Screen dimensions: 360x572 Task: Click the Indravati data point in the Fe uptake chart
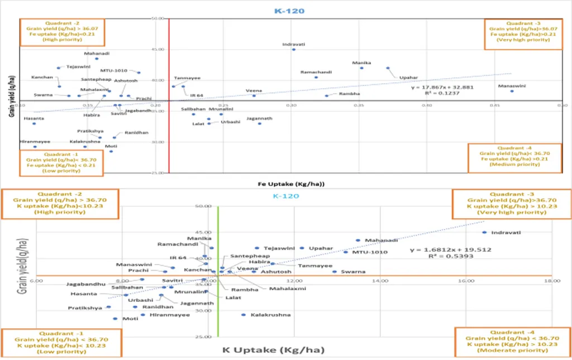click(x=293, y=50)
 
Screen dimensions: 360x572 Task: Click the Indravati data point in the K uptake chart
click(x=484, y=232)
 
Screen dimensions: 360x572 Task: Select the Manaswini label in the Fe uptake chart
click(x=512, y=86)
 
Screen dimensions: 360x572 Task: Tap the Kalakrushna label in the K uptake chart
click(x=271, y=315)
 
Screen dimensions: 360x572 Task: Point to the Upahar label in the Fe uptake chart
click(x=408, y=78)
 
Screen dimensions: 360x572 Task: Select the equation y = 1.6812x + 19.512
click(x=450, y=249)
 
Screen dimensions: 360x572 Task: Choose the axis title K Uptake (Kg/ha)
click(x=274, y=351)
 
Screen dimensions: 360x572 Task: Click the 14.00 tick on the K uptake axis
click(x=380, y=281)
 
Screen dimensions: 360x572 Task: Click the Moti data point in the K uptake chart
click(x=115, y=319)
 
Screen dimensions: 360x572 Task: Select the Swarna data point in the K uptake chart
click(x=335, y=272)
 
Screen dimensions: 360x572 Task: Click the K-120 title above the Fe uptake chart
click(x=289, y=11)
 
